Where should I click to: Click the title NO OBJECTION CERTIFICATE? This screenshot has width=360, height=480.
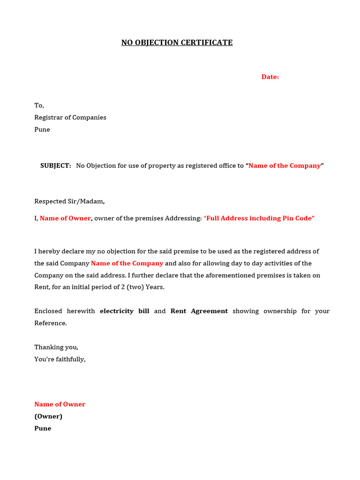(177, 43)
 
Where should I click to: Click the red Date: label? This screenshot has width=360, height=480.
(270, 77)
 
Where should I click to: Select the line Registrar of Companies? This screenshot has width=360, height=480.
(70, 118)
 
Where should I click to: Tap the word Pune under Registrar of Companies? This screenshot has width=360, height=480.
(42, 129)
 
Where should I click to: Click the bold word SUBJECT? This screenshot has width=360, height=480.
(56, 165)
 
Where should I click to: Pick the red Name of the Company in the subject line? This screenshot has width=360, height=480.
(285, 165)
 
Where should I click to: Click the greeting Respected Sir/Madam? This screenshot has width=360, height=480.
(69, 201)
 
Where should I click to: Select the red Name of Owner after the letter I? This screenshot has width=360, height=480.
(65, 218)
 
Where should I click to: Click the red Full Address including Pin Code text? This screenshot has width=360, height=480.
(259, 218)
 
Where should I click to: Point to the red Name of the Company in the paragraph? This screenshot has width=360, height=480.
(127, 263)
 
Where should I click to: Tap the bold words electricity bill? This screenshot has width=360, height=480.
(125, 311)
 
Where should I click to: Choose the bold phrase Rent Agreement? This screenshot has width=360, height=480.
(199, 311)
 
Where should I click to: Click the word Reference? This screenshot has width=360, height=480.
(51, 323)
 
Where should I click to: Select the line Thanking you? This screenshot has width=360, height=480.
(56, 347)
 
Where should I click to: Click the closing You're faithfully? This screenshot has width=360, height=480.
(60, 360)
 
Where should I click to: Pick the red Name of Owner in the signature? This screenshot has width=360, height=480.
(60, 404)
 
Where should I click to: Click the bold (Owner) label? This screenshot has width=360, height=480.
(48, 416)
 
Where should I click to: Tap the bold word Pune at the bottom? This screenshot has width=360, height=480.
(43, 428)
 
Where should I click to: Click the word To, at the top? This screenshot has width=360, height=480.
(39, 105)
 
